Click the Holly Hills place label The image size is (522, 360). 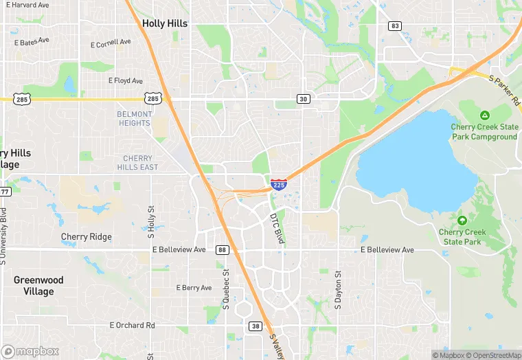point(165,23)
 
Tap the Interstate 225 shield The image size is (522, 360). point(279,184)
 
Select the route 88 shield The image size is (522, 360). point(222,249)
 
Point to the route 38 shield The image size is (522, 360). point(256,326)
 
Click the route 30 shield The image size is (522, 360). point(302,99)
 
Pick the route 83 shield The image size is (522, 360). point(394,26)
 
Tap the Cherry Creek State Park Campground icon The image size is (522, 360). point(484,115)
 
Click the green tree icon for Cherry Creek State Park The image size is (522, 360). point(462,221)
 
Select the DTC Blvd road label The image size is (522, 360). point(277,227)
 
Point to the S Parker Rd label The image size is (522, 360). point(505,89)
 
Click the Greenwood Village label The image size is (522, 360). point(38,286)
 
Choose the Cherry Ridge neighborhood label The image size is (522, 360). point(86,237)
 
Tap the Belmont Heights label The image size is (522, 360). point(134,119)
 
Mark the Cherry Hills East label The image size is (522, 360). point(137,163)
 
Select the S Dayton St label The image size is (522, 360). point(338,289)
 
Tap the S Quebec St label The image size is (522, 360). point(225,288)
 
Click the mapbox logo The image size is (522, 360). point(31,350)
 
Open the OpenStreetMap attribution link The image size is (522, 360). point(492,355)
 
